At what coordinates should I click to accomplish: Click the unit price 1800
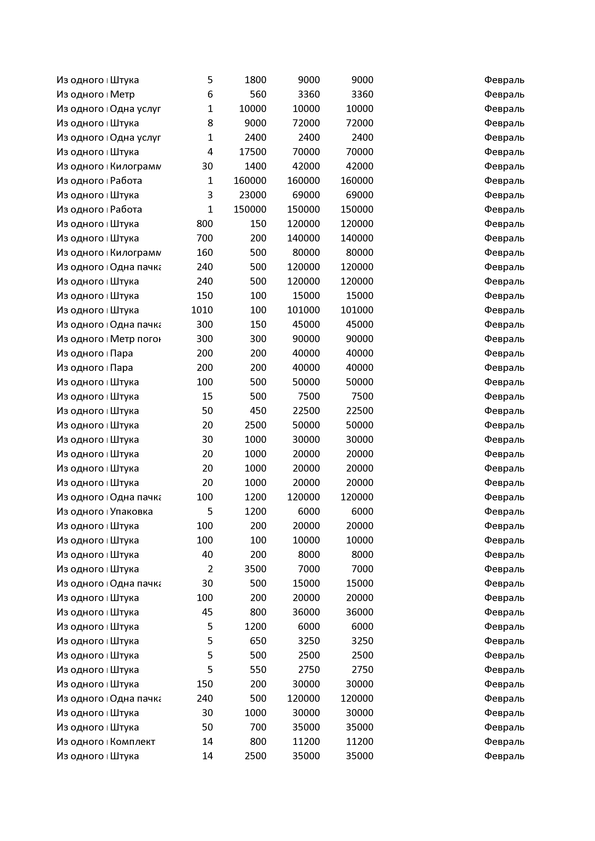point(255,80)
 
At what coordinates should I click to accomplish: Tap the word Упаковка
point(131,511)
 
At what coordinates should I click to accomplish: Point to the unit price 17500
point(253,152)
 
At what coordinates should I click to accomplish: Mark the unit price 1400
point(255,166)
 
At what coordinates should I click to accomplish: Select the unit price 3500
point(255,569)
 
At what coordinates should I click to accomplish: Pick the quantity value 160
point(205,252)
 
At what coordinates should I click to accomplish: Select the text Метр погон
point(135,339)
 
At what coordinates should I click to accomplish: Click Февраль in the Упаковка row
point(504,511)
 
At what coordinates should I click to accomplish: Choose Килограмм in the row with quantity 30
point(135,166)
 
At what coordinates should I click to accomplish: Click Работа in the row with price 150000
point(126,210)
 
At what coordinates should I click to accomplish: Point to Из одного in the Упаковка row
point(80,511)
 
